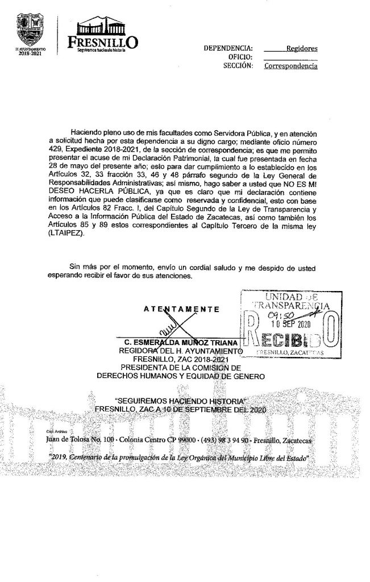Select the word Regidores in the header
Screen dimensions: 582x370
[302, 49]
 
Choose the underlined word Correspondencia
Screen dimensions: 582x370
[291, 66]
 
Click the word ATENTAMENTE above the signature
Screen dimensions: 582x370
[182, 309]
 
